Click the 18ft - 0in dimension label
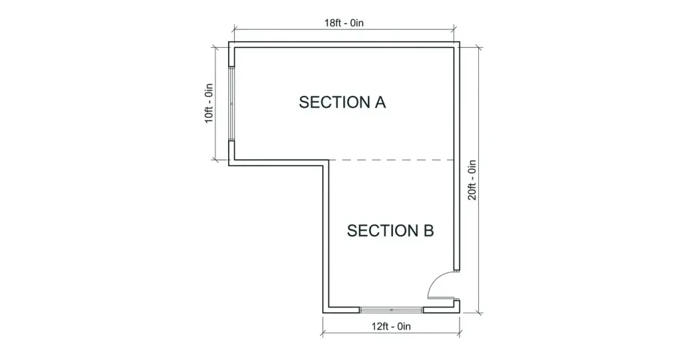coord(344,23)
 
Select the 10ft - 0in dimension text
coord(209,102)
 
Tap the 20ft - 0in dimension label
coord(472,180)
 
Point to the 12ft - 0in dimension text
coord(391,326)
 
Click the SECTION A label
coord(342,102)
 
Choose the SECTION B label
coord(390,231)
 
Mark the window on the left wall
coord(231,103)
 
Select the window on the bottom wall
coord(392,310)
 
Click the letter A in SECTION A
coord(379,102)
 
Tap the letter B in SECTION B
coord(428,231)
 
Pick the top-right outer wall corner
coord(458,44)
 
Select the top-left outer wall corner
coord(231,44)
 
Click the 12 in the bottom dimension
coord(377,326)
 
